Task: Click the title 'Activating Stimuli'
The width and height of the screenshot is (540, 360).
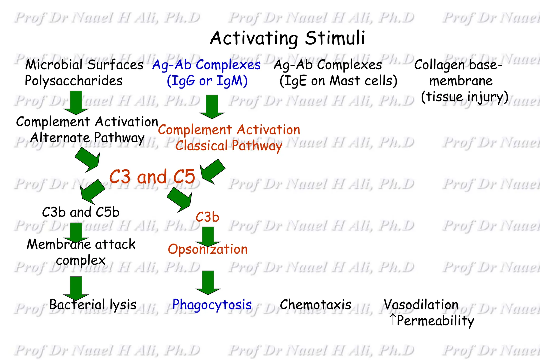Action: (x=287, y=38)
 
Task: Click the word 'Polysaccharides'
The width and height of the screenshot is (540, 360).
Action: (x=74, y=81)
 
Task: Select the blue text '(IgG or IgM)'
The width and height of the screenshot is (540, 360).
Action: (x=207, y=81)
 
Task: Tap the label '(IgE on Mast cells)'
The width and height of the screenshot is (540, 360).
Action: (x=338, y=81)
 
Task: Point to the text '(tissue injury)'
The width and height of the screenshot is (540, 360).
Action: (x=465, y=97)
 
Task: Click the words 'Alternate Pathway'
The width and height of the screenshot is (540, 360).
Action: (x=87, y=138)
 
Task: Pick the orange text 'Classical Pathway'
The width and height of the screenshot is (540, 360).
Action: (x=229, y=146)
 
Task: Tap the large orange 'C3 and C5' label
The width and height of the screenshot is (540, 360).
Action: (x=152, y=176)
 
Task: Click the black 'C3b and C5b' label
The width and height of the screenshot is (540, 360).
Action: (x=81, y=212)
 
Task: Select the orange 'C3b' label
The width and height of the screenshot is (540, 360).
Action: (x=207, y=217)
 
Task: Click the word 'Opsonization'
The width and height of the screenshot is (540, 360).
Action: (x=208, y=249)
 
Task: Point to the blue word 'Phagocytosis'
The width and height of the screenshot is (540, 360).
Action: (x=212, y=305)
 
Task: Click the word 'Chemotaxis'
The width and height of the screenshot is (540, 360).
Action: (x=315, y=305)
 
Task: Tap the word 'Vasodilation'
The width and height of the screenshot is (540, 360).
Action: (x=421, y=305)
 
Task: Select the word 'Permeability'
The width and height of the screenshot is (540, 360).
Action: (x=435, y=321)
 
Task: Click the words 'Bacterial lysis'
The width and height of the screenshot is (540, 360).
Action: (x=93, y=305)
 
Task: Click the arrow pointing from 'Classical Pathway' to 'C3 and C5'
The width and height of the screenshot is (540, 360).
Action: (x=212, y=171)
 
